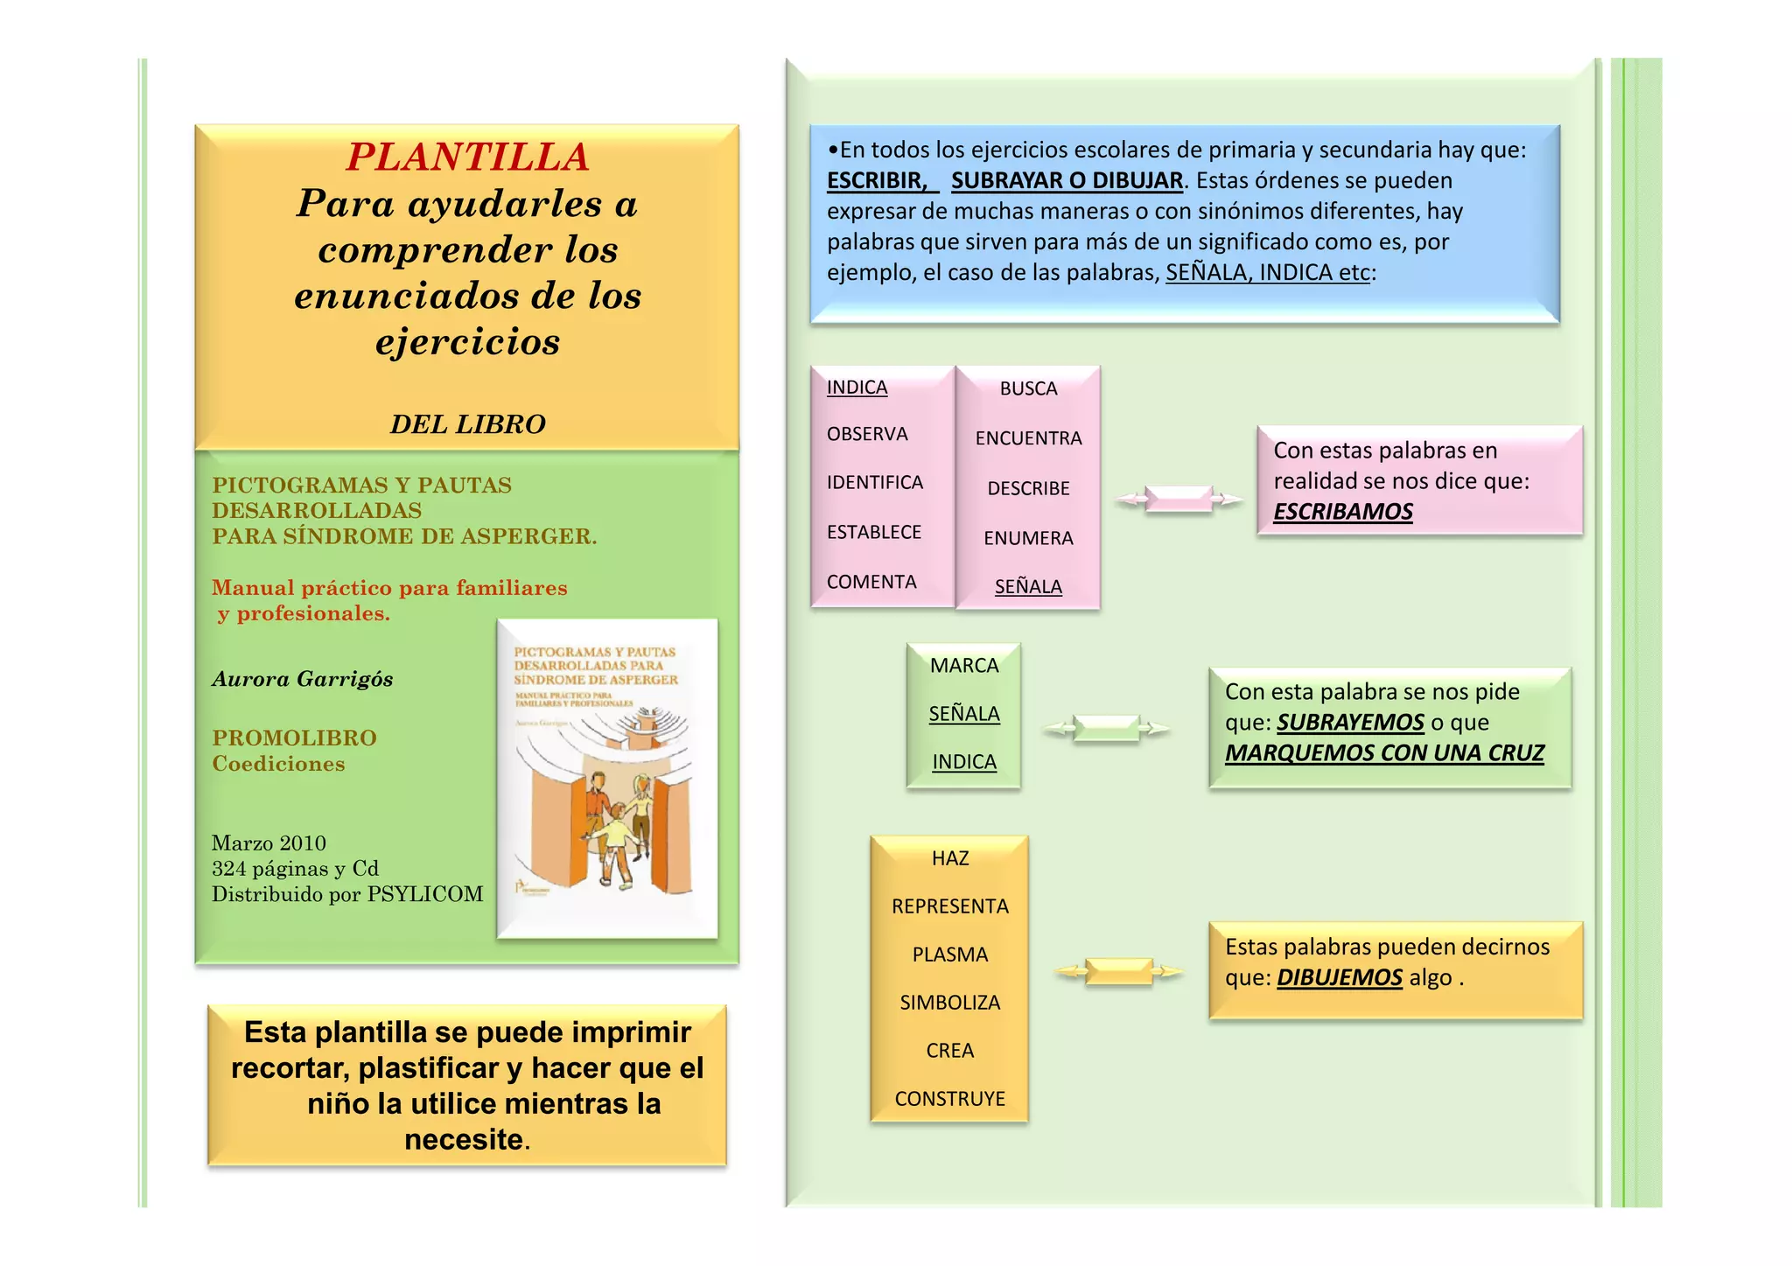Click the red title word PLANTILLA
coord(467,157)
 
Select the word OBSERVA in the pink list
coord(867,434)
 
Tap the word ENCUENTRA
coord(1028,438)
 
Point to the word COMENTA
coord(871,582)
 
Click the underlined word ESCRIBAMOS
coord(1342,512)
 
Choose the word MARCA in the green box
coord(964,666)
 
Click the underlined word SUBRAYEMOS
coord(1350,723)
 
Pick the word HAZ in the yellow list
coord(950,858)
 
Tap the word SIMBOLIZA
coord(950,1003)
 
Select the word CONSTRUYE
coord(950,1099)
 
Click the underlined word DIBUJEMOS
coord(1339,978)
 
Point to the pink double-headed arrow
coord(1179,500)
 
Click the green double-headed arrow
coord(1106,728)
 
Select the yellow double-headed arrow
coord(1118,971)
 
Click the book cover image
coord(607,779)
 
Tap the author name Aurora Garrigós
coord(302,679)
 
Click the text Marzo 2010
coord(269,843)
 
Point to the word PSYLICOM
coord(425,894)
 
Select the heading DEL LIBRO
coord(467,424)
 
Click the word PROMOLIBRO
coord(294,738)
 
